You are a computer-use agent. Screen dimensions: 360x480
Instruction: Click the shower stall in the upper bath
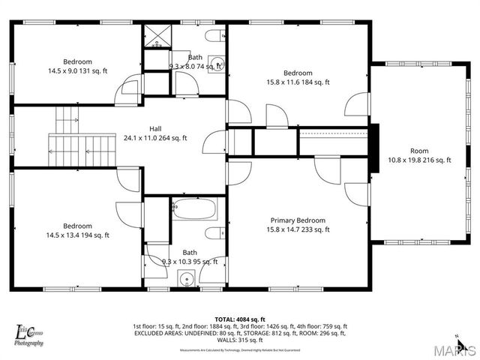click(159, 37)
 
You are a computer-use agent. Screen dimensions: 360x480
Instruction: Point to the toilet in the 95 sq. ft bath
click(213, 232)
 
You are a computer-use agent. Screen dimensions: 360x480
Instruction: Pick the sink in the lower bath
click(186, 279)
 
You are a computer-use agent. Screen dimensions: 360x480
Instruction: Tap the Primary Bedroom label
click(298, 220)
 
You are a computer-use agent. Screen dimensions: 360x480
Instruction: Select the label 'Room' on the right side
click(419, 150)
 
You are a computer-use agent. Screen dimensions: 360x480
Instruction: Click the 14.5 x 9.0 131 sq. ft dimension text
click(77, 71)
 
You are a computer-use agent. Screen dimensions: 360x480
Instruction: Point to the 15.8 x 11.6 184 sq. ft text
click(298, 82)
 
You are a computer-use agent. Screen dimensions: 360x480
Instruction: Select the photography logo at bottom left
click(29, 334)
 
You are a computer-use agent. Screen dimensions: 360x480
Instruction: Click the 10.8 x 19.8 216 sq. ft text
click(419, 160)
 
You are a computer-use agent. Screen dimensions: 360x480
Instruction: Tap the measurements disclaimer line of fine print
click(239, 349)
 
